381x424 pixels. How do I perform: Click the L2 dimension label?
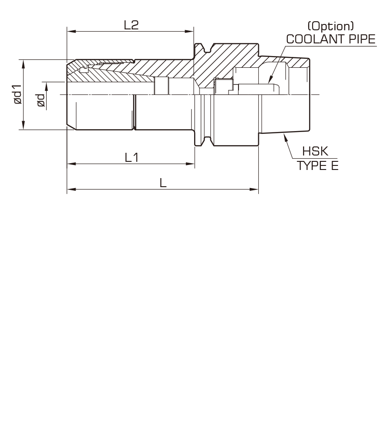pos(131,25)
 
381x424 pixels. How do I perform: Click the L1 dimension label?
pos(132,157)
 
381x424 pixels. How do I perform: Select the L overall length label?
pos(163,183)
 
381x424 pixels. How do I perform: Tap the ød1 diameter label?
pos(17,94)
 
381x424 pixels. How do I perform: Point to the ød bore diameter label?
pos(41,100)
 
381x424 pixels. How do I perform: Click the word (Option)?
pos(331,26)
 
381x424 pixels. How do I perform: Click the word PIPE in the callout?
pos(362,39)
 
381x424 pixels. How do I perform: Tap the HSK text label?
pos(315,151)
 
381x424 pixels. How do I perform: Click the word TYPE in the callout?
pos(311,165)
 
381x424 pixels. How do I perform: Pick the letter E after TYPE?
pos(335,165)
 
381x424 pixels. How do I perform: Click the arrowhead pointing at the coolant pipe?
pos(270,80)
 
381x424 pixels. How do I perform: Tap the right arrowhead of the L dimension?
pos(254,189)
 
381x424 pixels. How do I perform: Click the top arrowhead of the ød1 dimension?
pos(23,64)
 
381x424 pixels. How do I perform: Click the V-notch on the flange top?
pos(207,49)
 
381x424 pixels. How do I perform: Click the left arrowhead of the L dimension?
pos(71,189)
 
